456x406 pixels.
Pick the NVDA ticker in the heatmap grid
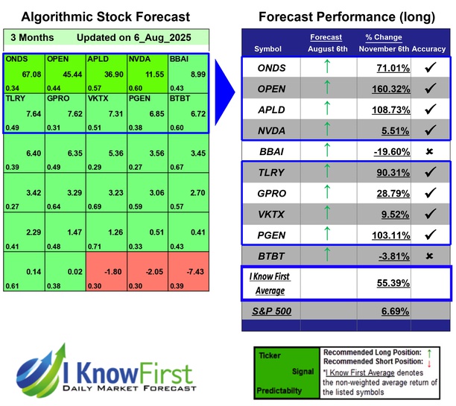[139, 57]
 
